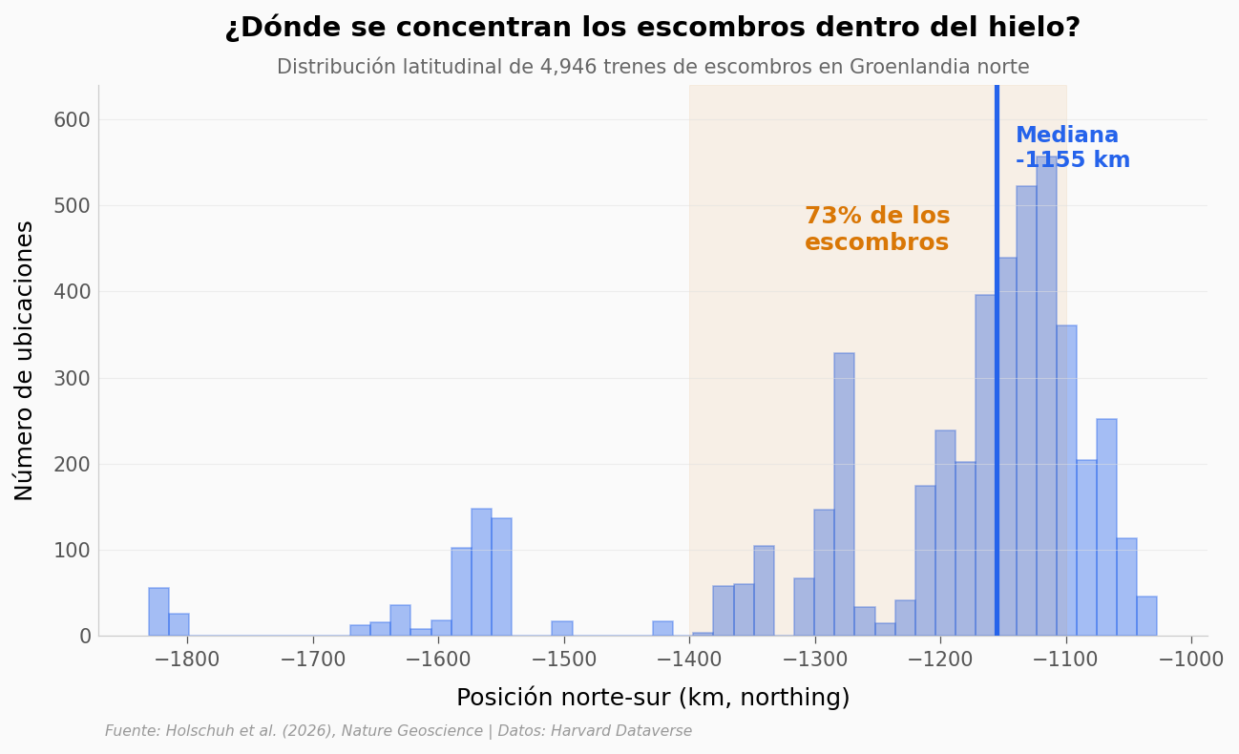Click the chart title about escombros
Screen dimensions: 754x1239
tap(652, 28)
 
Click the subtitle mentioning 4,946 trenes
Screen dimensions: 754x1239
tap(652, 68)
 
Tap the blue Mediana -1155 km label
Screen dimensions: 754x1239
tap(1071, 148)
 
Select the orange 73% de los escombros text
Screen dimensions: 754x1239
tap(876, 230)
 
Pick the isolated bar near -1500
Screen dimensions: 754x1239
tap(562, 629)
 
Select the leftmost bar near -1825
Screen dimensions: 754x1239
tap(158, 613)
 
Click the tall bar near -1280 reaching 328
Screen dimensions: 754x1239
tap(844, 496)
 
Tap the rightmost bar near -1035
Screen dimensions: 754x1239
tap(1146, 617)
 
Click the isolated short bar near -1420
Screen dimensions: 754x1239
tap(662, 629)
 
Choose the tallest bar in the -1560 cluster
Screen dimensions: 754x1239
tap(481, 573)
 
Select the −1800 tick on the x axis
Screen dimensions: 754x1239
tap(187, 660)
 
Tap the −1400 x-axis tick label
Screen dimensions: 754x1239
tap(689, 660)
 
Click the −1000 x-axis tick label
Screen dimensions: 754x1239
tap(1190, 660)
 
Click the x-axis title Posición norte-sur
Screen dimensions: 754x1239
tap(652, 698)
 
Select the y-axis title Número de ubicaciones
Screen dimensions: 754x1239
tap(25, 360)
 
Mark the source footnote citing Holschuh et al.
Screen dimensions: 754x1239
tap(398, 731)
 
